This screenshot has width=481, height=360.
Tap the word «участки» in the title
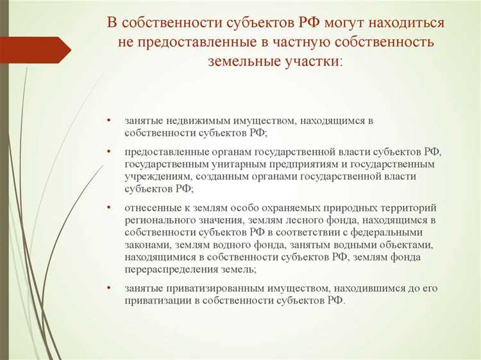tap(307, 62)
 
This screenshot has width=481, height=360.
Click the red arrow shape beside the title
tap(35, 49)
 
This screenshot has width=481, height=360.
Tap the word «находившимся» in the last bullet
tap(353, 288)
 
